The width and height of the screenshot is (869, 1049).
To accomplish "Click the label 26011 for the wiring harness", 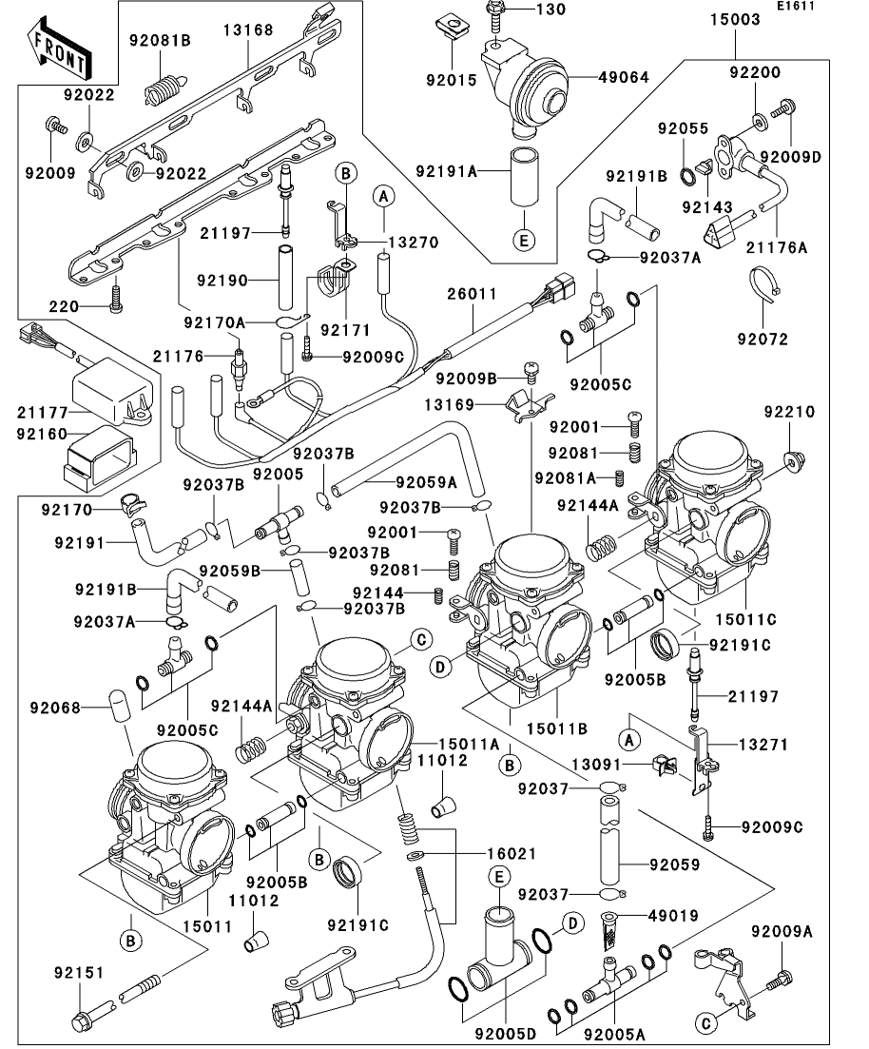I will click(x=473, y=294).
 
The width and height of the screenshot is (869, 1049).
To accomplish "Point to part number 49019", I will click(x=674, y=916).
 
